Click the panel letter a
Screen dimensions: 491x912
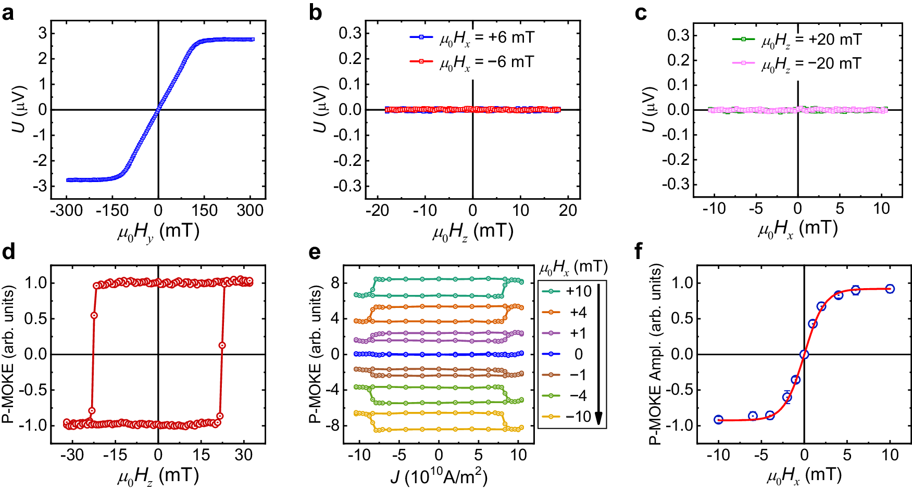point(8,12)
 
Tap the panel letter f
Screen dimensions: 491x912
point(640,252)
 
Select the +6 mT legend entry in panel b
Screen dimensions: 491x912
point(472,37)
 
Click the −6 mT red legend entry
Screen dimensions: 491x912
point(472,62)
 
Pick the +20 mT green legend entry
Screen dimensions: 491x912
point(797,40)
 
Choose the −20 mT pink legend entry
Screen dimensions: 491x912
point(797,63)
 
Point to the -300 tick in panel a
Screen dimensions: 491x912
point(66,211)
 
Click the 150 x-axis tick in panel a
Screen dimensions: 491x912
point(204,211)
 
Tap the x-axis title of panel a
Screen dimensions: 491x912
point(158,231)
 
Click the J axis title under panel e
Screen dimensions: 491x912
point(439,476)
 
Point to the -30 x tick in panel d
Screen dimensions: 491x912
point(71,455)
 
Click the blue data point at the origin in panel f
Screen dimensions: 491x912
point(804,355)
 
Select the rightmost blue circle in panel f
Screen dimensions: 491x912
point(890,289)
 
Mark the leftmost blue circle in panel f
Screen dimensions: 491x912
point(718,420)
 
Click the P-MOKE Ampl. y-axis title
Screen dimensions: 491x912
point(656,355)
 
